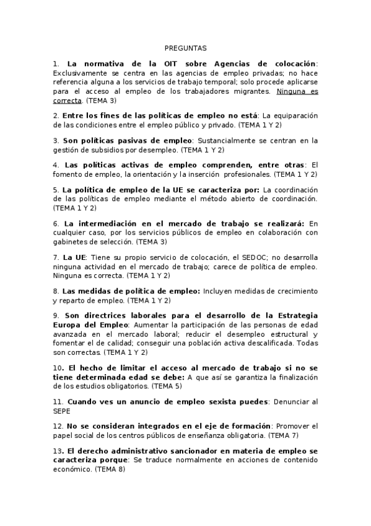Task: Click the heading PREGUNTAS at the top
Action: tap(186, 48)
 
